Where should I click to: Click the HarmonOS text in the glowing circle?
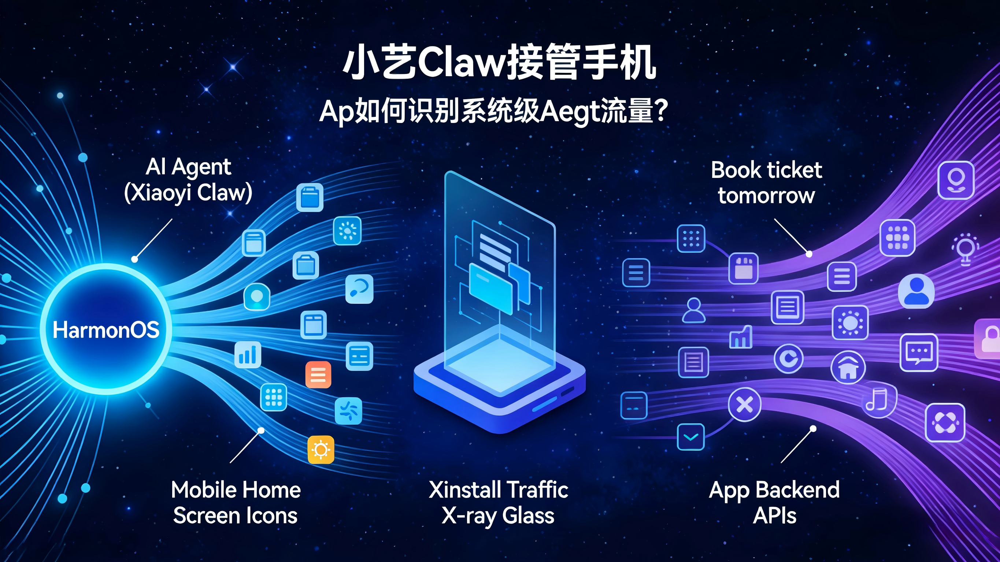click(106, 330)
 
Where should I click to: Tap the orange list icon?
click(318, 375)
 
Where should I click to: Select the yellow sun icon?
click(321, 450)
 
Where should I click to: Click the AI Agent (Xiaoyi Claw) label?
click(188, 180)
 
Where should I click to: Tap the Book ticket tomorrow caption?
click(766, 182)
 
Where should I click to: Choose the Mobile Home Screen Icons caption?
click(236, 503)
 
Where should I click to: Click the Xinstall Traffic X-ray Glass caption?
click(499, 503)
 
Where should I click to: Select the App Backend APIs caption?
click(774, 503)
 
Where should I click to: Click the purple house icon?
click(848, 368)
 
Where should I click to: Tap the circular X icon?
click(745, 405)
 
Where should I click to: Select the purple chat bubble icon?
click(919, 351)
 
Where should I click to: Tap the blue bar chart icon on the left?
click(248, 355)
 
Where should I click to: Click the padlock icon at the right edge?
click(989, 338)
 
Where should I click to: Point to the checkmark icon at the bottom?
click(690, 437)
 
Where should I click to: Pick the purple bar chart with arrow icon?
click(741, 336)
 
